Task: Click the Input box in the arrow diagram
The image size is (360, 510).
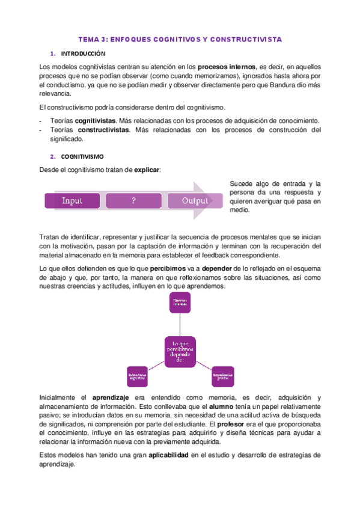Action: pyautogui.click(x=72, y=201)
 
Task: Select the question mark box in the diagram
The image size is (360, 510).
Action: pyautogui.click(x=133, y=201)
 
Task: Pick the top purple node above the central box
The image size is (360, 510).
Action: pyautogui.click(x=180, y=303)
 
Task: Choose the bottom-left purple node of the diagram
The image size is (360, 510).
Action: pyautogui.click(x=137, y=376)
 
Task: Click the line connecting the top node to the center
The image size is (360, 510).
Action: pyautogui.click(x=180, y=324)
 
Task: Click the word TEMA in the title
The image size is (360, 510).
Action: pyautogui.click(x=90, y=39)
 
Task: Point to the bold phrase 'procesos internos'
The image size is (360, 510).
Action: pyautogui.click(x=226, y=67)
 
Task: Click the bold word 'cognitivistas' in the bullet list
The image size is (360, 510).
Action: pyautogui.click(x=100, y=121)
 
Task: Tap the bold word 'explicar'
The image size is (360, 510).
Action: pyautogui.click(x=147, y=170)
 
